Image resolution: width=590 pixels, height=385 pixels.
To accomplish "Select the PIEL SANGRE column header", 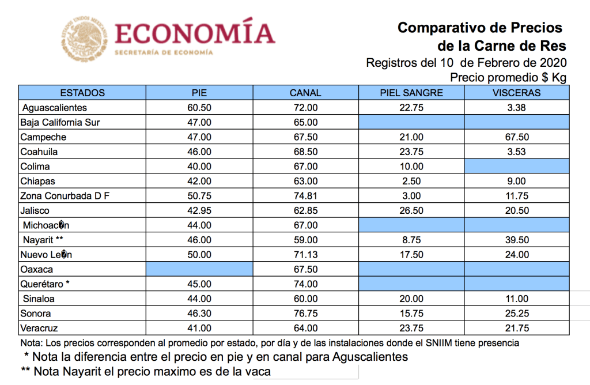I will point(411,93).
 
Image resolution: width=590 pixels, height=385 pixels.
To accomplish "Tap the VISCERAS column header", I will point(516,93).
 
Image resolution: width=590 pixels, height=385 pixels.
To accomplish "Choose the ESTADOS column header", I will point(82,93).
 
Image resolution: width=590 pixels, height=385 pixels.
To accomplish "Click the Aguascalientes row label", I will point(54,108).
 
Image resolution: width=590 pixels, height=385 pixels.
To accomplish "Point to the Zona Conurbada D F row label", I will point(65,196).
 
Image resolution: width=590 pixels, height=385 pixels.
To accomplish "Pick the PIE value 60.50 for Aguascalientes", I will point(199,108).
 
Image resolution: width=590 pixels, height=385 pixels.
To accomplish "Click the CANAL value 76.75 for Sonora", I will point(305,314).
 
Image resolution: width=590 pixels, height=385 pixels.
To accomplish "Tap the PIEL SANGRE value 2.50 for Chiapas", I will point(411,182).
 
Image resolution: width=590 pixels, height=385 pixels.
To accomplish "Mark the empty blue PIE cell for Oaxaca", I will point(199,269).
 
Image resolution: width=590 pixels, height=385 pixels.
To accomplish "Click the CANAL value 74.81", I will point(305,196).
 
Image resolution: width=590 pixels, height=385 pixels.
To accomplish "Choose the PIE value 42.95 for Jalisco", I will point(199,211).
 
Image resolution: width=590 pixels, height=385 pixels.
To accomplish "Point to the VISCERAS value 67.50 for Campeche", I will point(516,137).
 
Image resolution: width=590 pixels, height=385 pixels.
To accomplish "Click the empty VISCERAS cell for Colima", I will point(516,167).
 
